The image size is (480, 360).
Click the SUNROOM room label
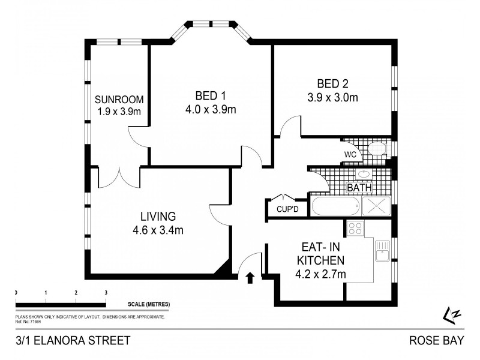coord(119,100)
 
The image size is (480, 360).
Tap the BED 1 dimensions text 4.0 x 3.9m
coord(211,109)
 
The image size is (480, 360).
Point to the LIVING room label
coord(158,216)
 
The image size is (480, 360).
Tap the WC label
coord(350,154)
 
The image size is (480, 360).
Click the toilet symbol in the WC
coord(376,149)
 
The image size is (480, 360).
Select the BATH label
coord(359,188)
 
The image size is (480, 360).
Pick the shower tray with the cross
coord(376,206)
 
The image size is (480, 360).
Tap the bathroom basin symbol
coord(363,175)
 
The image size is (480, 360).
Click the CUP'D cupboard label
coord(287,209)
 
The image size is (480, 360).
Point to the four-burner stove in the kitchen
coord(354,228)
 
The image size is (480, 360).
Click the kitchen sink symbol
coord(382,250)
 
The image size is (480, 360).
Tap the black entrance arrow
coord(250,277)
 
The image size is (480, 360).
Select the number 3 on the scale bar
coord(106,292)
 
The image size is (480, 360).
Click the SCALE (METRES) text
coord(148,305)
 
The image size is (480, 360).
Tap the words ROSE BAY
coord(436,341)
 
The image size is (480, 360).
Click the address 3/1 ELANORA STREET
coord(73,341)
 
